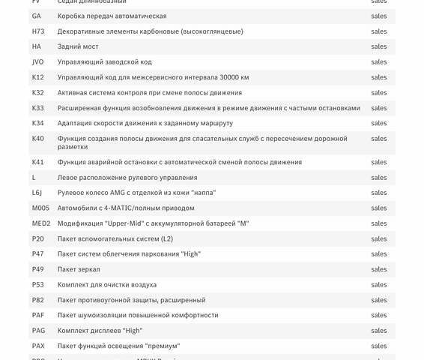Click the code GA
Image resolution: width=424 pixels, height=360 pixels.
pos(37,16)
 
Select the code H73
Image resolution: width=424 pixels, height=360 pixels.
pos(38,31)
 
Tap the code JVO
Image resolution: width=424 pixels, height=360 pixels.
pos(38,62)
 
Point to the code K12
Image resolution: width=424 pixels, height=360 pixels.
pos(37,77)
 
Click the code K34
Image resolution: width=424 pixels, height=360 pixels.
pos(37,123)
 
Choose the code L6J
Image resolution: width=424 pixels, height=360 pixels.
pos(37,193)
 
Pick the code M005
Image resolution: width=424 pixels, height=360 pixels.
pos(40,208)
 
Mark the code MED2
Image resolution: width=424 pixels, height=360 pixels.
pos(41,223)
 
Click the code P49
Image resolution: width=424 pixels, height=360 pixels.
pos(37,269)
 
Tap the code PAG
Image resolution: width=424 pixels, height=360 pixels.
pos(38,331)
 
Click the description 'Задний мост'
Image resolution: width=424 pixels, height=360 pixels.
pos(76,46)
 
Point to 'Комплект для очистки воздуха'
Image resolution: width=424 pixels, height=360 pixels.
pos(107,285)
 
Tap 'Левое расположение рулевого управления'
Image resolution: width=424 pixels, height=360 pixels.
pos(127,178)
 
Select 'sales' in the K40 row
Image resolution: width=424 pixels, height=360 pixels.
pos(379,139)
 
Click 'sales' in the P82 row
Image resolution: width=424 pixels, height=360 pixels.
pos(379,300)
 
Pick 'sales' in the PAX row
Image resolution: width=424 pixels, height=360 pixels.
pos(379,346)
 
